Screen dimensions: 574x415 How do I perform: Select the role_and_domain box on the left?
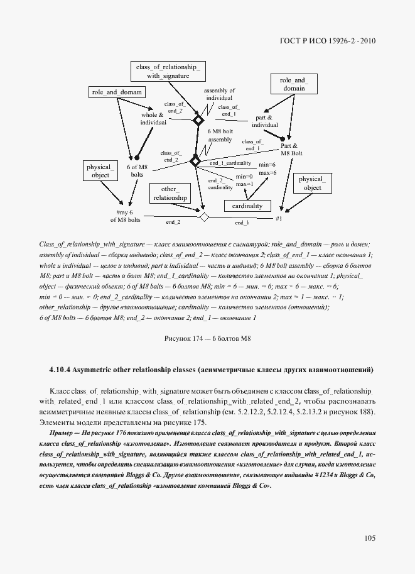pyautogui.click(x=117, y=92)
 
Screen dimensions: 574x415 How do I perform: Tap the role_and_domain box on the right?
pyautogui.click(x=293, y=84)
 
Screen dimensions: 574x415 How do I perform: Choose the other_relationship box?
pyautogui.click(x=170, y=193)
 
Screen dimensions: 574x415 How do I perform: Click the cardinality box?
pyautogui.click(x=247, y=206)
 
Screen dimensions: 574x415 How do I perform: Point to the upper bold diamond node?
pyautogui.click(x=198, y=119)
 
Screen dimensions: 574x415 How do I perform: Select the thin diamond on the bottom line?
pyautogui.click(x=203, y=217)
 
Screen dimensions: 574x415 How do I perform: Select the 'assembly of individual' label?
pyautogui.click(x=219, y=94)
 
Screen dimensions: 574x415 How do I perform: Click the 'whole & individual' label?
pyautogui.click(x=153, y=119)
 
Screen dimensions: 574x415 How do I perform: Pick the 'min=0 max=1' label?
pyautogui.click(x=244, y=180)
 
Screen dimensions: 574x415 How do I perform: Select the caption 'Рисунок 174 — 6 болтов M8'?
pyautogui.click(x=207, y=338)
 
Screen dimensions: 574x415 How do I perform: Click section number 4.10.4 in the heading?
pyautogui.click(x=62, y=369)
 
